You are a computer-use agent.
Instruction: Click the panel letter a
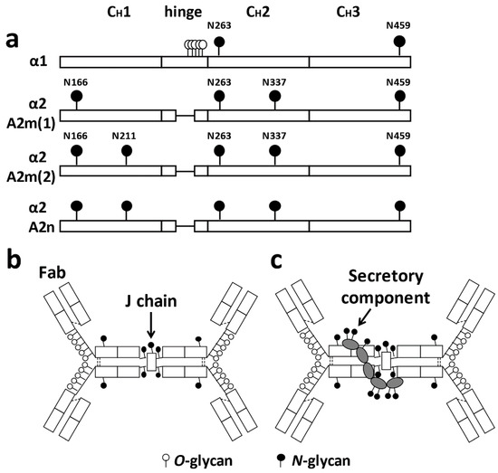(13, 40)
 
